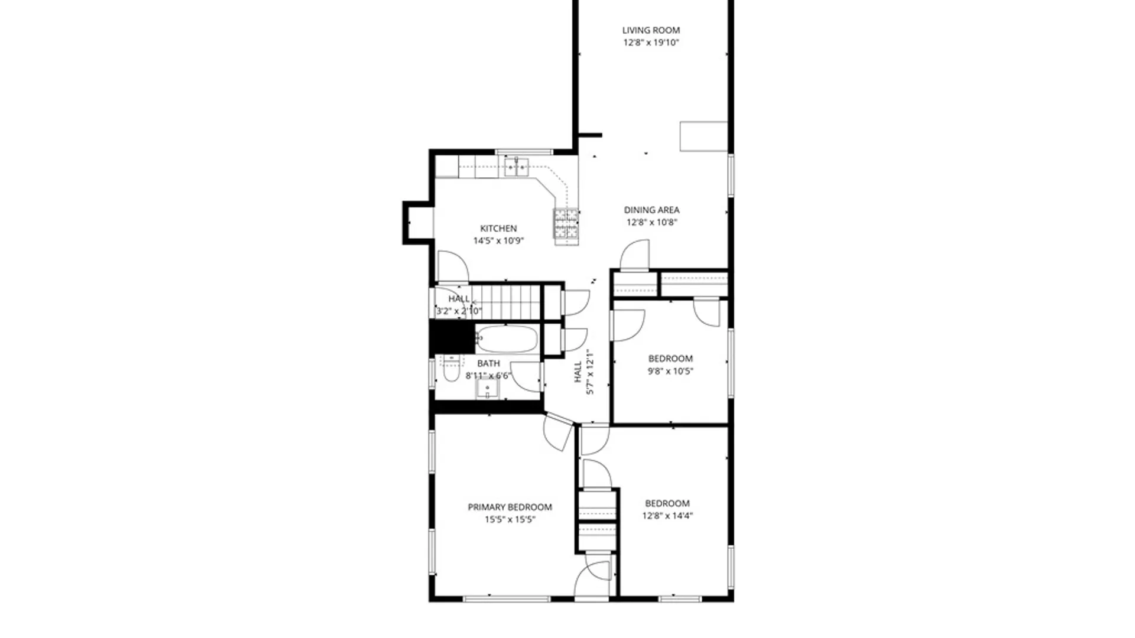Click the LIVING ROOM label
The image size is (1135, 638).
click(651, 30)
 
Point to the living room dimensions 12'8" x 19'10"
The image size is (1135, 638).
click(651, 43)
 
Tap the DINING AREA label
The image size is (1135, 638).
click(651, 210)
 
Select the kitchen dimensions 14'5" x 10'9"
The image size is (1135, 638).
click(498, 241)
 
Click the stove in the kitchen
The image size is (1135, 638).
click(566, 226)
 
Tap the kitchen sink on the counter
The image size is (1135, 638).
click(516, 167)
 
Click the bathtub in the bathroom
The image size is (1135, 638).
click(507, 339)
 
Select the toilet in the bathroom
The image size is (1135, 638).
click(451, 369)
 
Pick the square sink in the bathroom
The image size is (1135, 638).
click(488, 388)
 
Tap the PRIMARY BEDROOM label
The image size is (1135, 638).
click(510, 507)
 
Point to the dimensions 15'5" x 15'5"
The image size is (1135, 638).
click(510, 520)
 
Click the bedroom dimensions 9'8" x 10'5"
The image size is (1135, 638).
click(670, 372)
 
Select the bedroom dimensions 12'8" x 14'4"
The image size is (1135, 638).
click(667, 516)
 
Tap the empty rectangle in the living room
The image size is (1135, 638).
click(703, 136)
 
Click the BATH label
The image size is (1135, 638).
click(488, 364)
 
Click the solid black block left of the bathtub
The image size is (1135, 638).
click(452, 337)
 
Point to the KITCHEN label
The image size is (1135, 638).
click(498, 229)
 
